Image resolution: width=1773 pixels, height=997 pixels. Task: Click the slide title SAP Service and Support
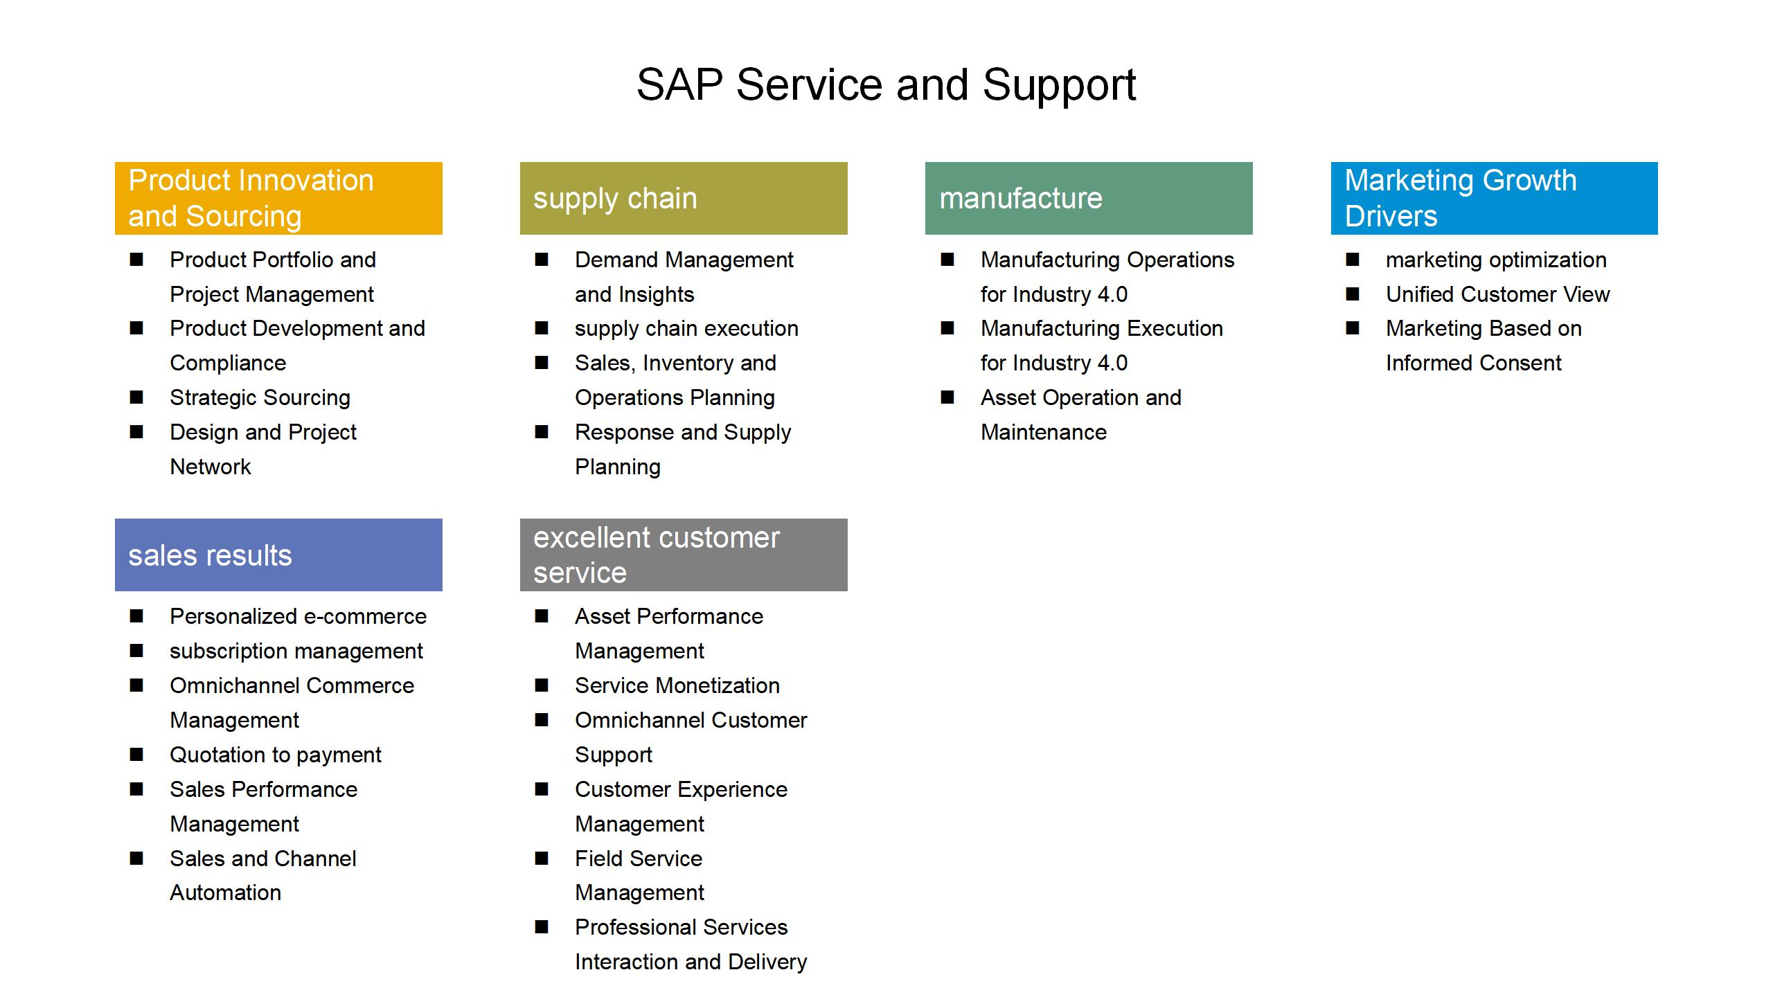pos(886,85)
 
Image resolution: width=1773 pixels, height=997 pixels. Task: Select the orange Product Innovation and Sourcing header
pos(278,198)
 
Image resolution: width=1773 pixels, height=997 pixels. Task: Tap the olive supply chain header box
pos(684,198)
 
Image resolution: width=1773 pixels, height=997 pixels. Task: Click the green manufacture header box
pos(1089,198)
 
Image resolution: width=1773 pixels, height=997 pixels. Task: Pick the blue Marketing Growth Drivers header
pos(1495,198)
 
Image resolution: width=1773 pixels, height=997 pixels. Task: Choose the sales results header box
pos(278,555)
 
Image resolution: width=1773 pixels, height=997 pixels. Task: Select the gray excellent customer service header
pos(684,555)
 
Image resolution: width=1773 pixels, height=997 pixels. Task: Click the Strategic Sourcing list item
pos(260,398)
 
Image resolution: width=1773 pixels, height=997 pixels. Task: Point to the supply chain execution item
pos(686,329)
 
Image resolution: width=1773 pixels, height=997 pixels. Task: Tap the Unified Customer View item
pos(1498,294)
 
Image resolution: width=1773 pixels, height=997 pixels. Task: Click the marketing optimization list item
pos(1496,260)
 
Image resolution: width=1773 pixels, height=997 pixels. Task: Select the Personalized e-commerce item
pos(299,616)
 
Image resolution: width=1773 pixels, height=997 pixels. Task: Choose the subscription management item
pos(296,652)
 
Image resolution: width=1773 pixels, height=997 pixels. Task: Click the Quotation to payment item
pos(276,755)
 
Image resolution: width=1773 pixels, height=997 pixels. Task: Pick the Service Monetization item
pos(677,685)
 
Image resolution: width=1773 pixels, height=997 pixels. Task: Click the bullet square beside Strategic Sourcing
pos(136,397)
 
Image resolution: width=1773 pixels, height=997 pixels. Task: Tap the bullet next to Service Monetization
pos(542,685)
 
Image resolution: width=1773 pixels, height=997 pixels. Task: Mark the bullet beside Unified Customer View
pos(1353,294)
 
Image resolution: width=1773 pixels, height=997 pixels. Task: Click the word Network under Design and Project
pos(211,467)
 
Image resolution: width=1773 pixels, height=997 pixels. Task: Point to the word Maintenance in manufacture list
pos(1044,432)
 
